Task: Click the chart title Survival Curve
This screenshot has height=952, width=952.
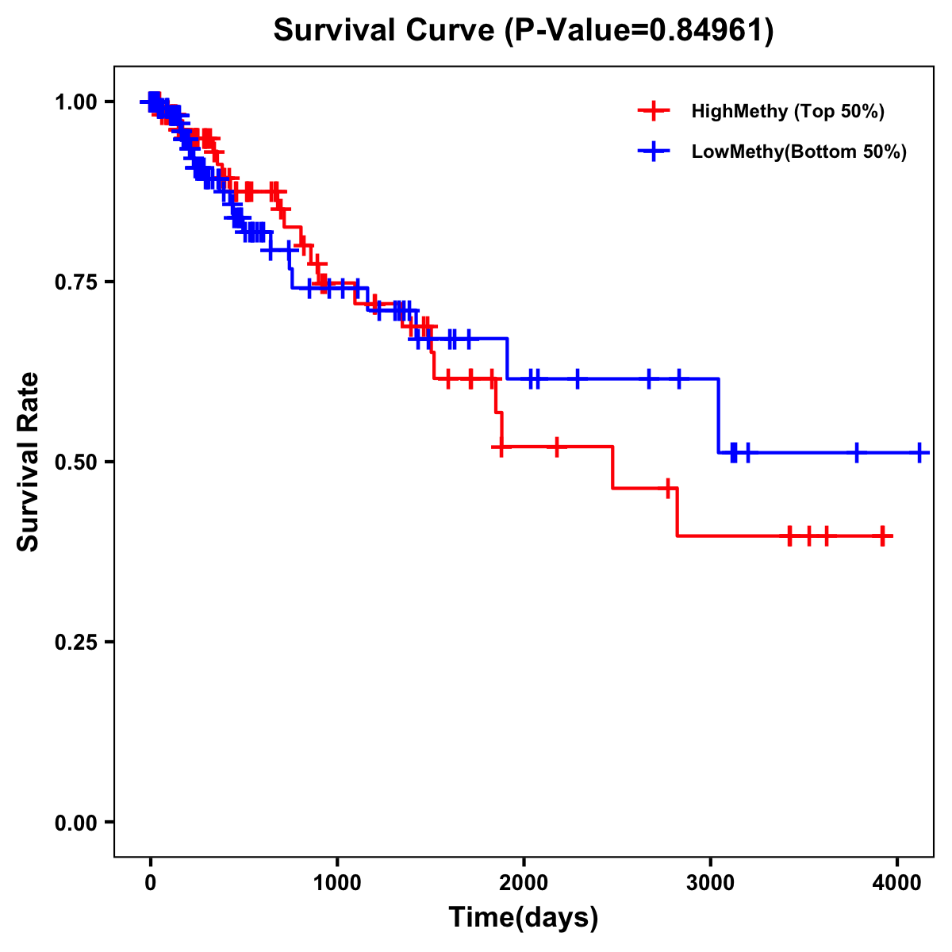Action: point(386,30)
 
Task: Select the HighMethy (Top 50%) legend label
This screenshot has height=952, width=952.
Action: point(787,111)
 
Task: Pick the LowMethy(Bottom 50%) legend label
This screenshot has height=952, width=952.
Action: point(798,152)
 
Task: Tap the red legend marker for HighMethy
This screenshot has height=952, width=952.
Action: point(654,111)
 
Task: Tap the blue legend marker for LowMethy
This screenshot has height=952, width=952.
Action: point(654,152)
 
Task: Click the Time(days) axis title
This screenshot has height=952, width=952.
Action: point(524,917)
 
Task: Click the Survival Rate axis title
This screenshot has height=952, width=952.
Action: point(29,462)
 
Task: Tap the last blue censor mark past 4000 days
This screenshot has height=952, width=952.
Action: point(919,452)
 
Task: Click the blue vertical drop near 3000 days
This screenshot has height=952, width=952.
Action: point(719,416)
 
